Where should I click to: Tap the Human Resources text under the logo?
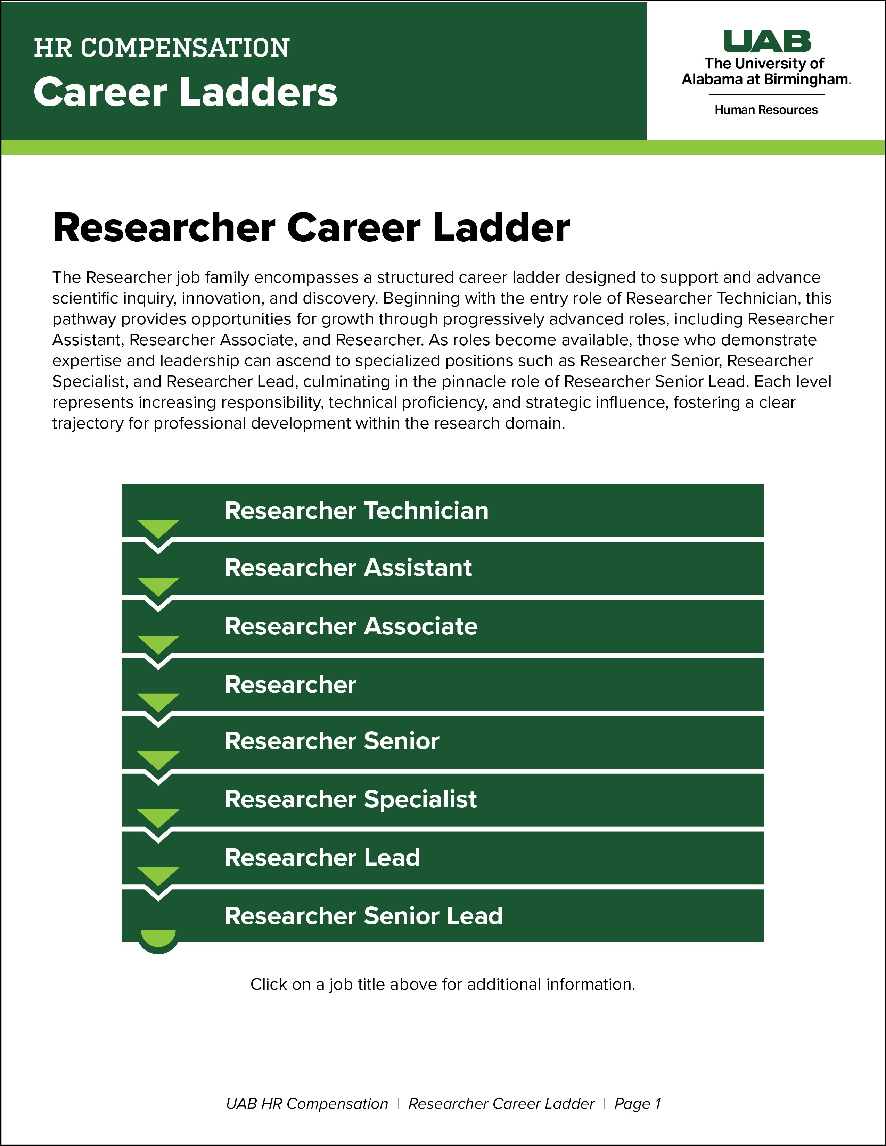click(766, 110)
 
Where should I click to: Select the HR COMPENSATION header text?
click(162, 48)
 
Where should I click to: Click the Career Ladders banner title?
click(185, 92)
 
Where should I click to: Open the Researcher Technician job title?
click(356, 510)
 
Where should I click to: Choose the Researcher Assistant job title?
click(348, 568)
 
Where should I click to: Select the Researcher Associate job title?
click(351, 626)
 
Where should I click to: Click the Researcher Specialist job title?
click(351, 799)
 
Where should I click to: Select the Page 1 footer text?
click(637, 1104)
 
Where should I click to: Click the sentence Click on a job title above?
click(442, 985)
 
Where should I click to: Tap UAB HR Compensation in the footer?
click(307, 1104)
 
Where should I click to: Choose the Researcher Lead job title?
click(322, 857)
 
